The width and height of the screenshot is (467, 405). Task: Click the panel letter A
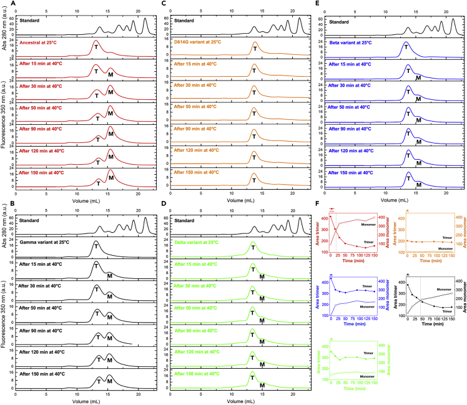[4, 4]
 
